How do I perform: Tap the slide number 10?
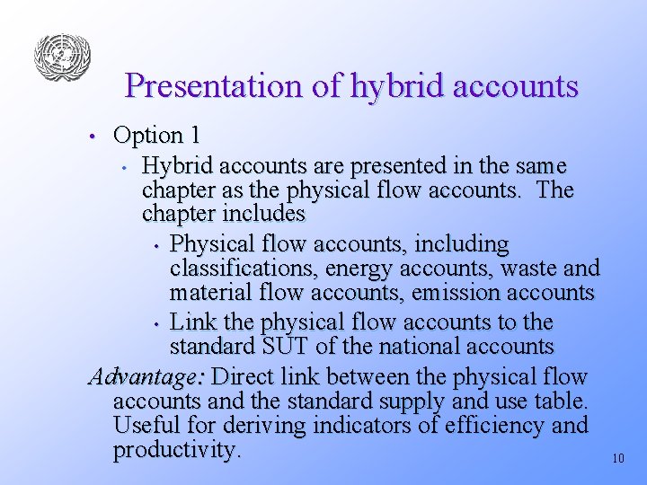[x=617, y=458]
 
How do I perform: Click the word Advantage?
[x=146, y=376]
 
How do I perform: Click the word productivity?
[x=177, y=449]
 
